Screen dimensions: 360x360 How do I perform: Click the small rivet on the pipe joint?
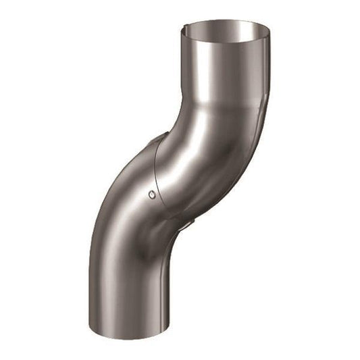[151, 195]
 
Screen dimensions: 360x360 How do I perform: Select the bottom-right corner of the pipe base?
[163, 331]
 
